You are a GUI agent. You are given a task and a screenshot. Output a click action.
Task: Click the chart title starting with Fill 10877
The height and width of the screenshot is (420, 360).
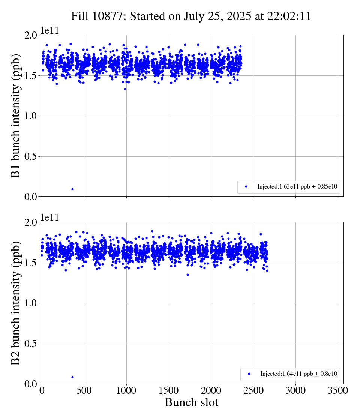191,16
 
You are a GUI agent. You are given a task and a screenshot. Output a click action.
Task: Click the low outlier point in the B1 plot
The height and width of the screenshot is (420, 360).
72,189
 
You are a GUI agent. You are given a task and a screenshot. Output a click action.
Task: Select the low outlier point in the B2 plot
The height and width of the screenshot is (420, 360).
72,377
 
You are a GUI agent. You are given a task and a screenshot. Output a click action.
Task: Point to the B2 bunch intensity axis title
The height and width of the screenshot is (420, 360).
15,303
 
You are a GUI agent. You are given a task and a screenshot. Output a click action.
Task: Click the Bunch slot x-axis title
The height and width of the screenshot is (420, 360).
191,403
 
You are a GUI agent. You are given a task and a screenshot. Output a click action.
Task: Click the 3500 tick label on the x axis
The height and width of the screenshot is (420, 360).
338,390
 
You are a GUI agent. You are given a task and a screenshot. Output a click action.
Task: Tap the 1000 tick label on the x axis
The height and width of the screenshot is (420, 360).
126,390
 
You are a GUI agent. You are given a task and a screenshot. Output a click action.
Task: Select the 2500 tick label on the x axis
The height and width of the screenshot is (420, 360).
253,390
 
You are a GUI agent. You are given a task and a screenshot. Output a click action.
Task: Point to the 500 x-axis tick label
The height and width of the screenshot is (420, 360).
84,390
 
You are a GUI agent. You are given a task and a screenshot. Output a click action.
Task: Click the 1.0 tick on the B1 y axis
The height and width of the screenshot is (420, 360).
31,116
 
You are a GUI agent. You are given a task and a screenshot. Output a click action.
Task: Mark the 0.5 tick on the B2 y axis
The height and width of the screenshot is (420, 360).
31,343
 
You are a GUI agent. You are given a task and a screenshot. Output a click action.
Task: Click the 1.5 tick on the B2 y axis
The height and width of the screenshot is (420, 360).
31,263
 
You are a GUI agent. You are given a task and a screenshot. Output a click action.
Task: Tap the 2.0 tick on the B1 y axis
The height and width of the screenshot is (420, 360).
31,35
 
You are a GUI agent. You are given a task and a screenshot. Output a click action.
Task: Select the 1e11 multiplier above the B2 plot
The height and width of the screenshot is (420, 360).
49,217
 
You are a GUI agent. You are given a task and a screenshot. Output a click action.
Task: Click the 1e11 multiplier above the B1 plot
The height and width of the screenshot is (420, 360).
49,30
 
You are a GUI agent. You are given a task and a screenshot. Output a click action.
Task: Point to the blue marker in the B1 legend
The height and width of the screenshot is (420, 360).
246,186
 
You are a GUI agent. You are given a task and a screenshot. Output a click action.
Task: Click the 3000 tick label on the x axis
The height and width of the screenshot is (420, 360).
295,390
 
